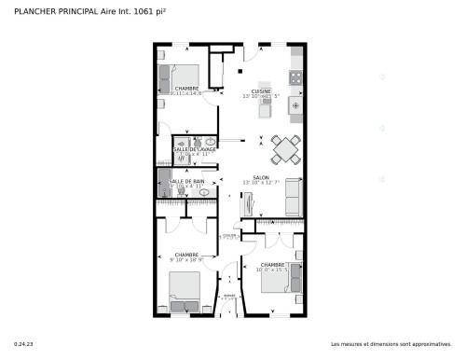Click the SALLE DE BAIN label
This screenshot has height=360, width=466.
194,181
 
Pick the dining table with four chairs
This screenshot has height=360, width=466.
285,148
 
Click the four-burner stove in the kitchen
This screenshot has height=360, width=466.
296,77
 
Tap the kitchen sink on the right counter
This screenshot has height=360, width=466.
296,106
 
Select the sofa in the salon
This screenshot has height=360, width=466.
293,196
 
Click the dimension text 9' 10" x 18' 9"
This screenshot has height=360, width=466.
186,261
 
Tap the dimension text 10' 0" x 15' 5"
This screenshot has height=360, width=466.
272,270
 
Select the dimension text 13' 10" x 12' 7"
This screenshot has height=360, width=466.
262,183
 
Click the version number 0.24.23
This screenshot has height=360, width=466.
22,345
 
